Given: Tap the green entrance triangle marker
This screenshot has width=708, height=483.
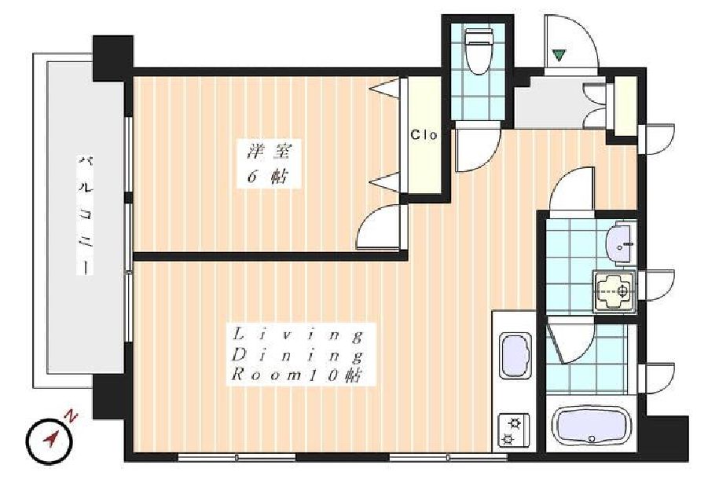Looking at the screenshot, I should click(x=558, y=55).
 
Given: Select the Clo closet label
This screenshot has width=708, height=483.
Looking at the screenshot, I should click(x=424, y=134).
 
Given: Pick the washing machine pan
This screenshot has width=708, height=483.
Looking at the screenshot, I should click(x=614, y=292).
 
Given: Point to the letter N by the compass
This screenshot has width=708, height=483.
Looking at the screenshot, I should click(x=71, y=415).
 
